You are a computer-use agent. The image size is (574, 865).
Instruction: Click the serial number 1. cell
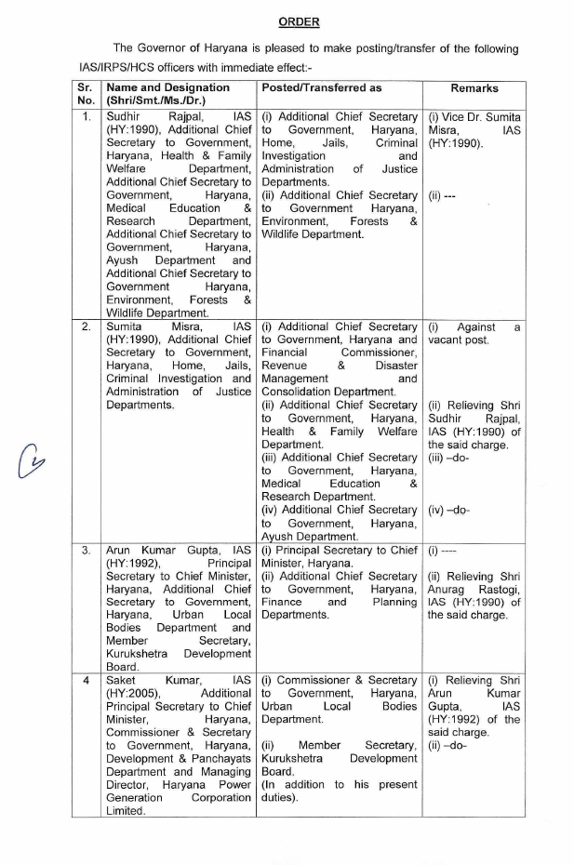(x=87, y=117)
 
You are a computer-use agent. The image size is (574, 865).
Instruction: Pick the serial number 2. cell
(x=87, y=327)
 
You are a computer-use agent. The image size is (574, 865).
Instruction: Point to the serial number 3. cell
(x=87, y=551)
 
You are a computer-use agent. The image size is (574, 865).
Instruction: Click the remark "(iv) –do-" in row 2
(x=448, y=510)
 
